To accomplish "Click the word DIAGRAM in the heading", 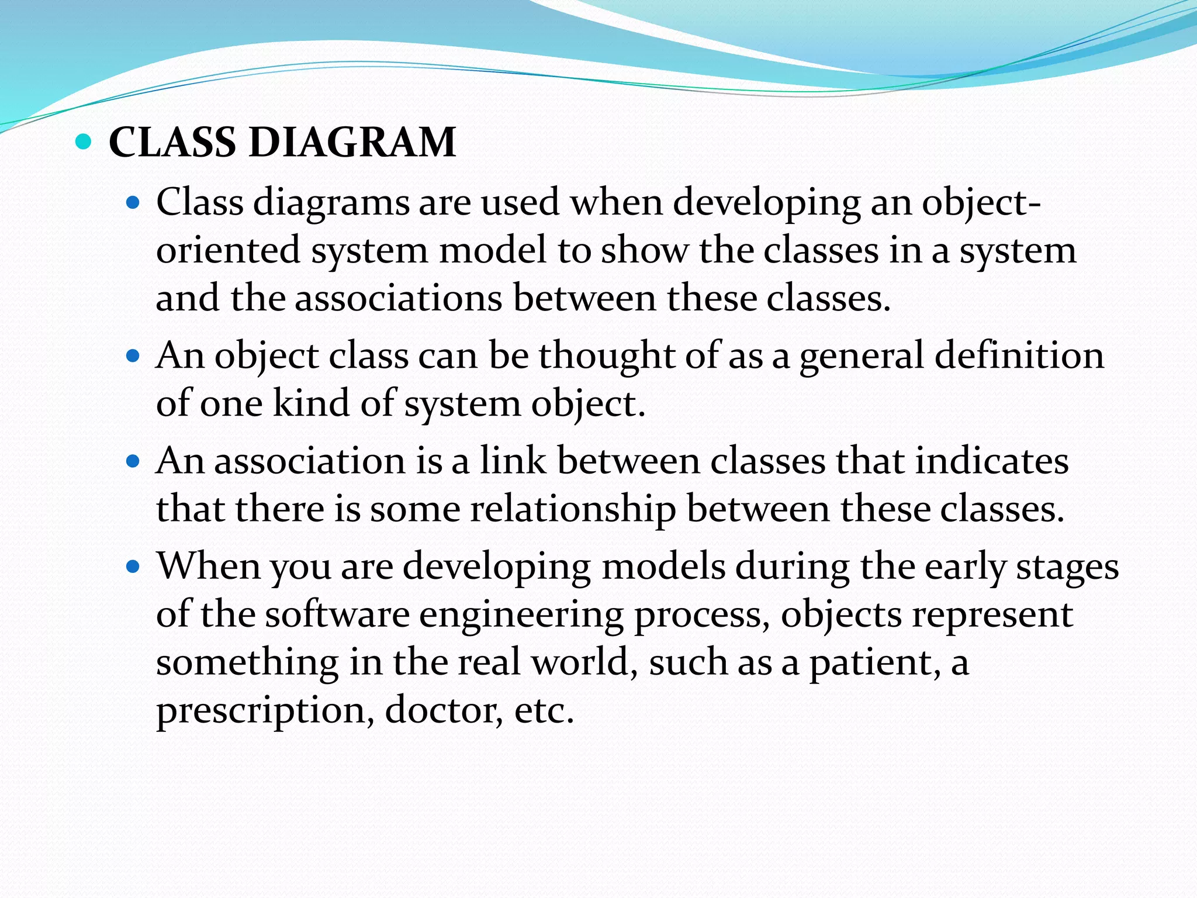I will (352, 143).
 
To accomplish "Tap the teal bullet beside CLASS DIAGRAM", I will (84, 141).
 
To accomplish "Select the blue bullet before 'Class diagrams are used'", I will (134, 203).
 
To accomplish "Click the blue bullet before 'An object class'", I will (134, 355).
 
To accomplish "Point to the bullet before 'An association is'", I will (134, 461).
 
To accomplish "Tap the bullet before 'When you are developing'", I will (134, 567).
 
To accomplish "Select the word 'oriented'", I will (228, 250).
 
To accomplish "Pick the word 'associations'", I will (398, 298).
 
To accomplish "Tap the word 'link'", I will (513, 461).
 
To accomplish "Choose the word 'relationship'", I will (573, 509).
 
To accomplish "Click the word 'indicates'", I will (991, 461).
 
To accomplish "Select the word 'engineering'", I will (521, 616).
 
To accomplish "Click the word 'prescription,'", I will (265, 711).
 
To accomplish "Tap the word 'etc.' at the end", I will (544, 711).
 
